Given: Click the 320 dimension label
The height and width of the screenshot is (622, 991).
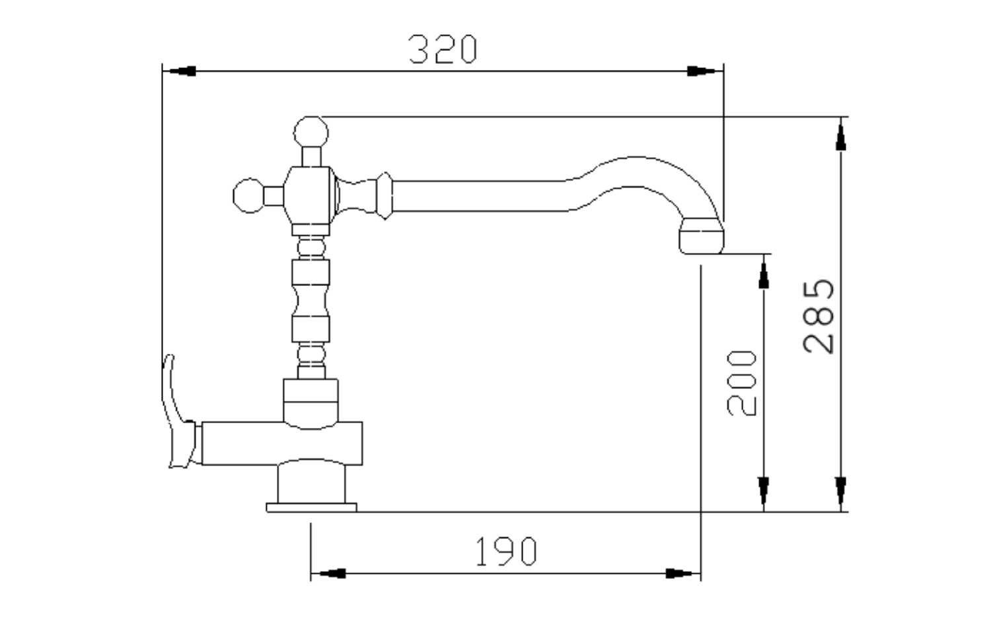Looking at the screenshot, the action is tap(443, 49).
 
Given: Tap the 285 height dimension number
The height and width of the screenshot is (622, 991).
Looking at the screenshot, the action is tap(819, 316).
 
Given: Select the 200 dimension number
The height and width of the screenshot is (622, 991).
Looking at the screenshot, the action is tap(742, 383).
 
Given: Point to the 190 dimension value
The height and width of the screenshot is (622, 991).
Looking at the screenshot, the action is tap(506, 551).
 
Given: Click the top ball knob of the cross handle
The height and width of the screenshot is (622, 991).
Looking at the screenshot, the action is tap(311, 132).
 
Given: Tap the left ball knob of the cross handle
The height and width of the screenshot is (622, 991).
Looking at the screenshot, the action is tap(248, 196).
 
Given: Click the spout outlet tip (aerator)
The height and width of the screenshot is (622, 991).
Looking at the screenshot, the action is tap(702, 236).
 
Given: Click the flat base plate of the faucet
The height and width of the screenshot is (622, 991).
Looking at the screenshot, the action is tap(311, 508).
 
